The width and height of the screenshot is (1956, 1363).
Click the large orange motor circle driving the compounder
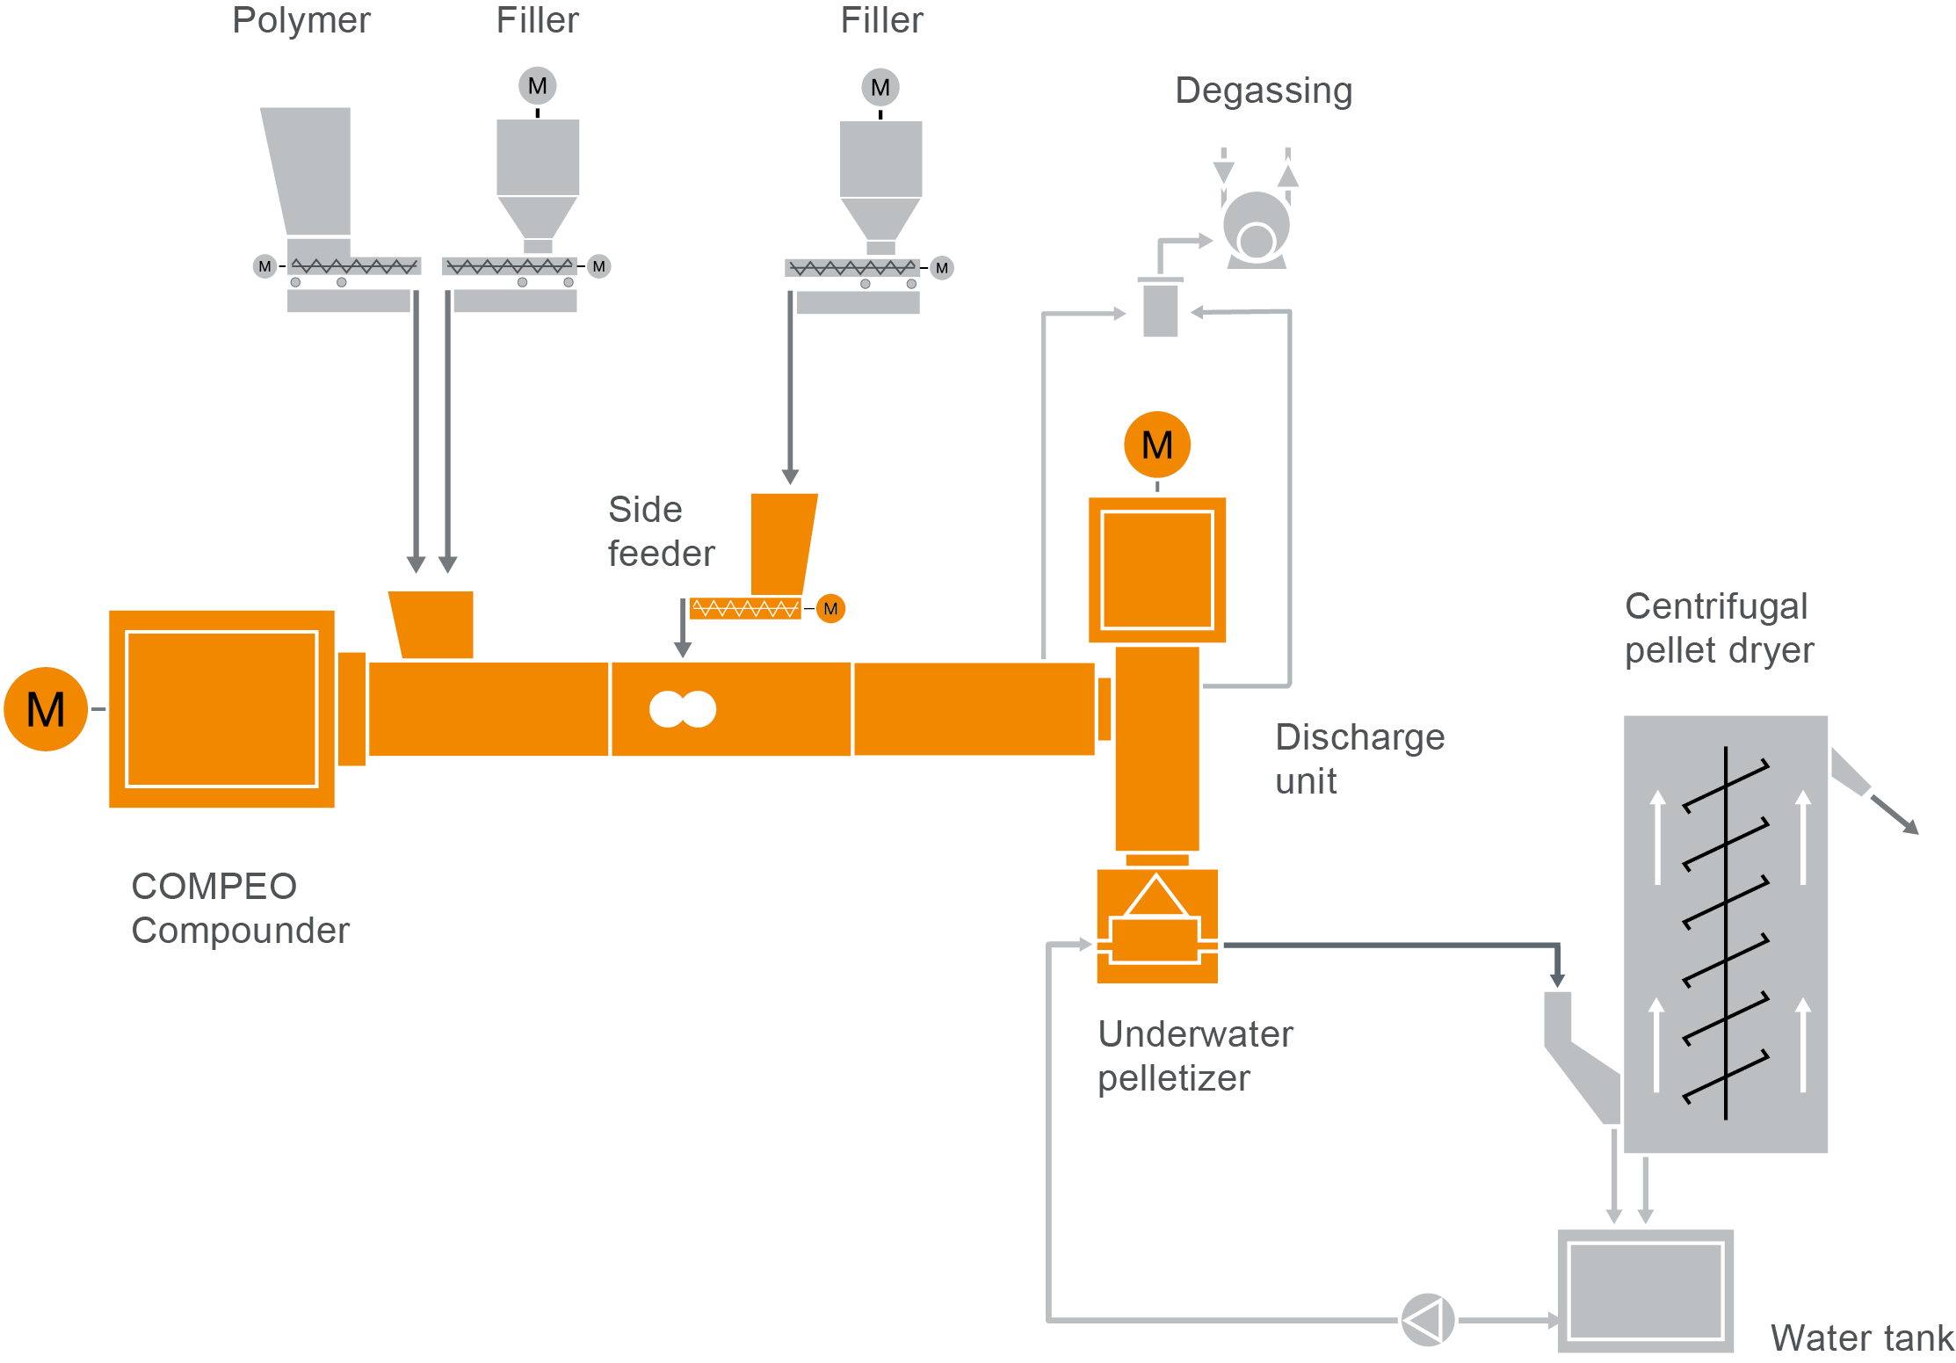point(46,708)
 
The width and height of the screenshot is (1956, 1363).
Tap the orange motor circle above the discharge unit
point(1157,445)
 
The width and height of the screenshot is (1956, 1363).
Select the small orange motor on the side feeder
point(830,608)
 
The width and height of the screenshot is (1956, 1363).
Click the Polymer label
point(301,20)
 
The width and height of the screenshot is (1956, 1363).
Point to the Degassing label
point(1264,91)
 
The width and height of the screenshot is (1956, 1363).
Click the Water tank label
point(1861,1338)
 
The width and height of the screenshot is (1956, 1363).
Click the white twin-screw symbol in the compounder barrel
point(683,709)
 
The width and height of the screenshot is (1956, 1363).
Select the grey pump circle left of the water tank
point(1427,1319)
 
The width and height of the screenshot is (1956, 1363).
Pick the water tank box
point(1645,1290)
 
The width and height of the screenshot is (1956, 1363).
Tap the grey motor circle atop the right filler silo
point(880,87)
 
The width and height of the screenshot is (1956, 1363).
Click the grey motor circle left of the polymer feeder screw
point(264,266)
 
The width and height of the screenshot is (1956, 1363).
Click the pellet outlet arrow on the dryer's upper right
point(1894,814)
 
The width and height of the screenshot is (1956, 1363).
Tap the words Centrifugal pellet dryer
point(1718,628)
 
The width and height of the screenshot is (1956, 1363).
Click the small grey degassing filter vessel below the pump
point(1160,309)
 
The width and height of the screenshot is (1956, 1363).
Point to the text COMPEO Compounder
point(239,908)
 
